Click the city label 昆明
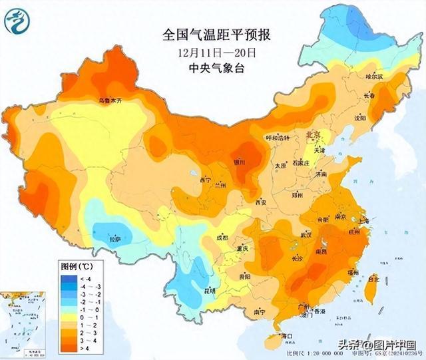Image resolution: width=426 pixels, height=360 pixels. [x=191, y=291]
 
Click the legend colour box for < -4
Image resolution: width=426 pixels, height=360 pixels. [x=67, y=277]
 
